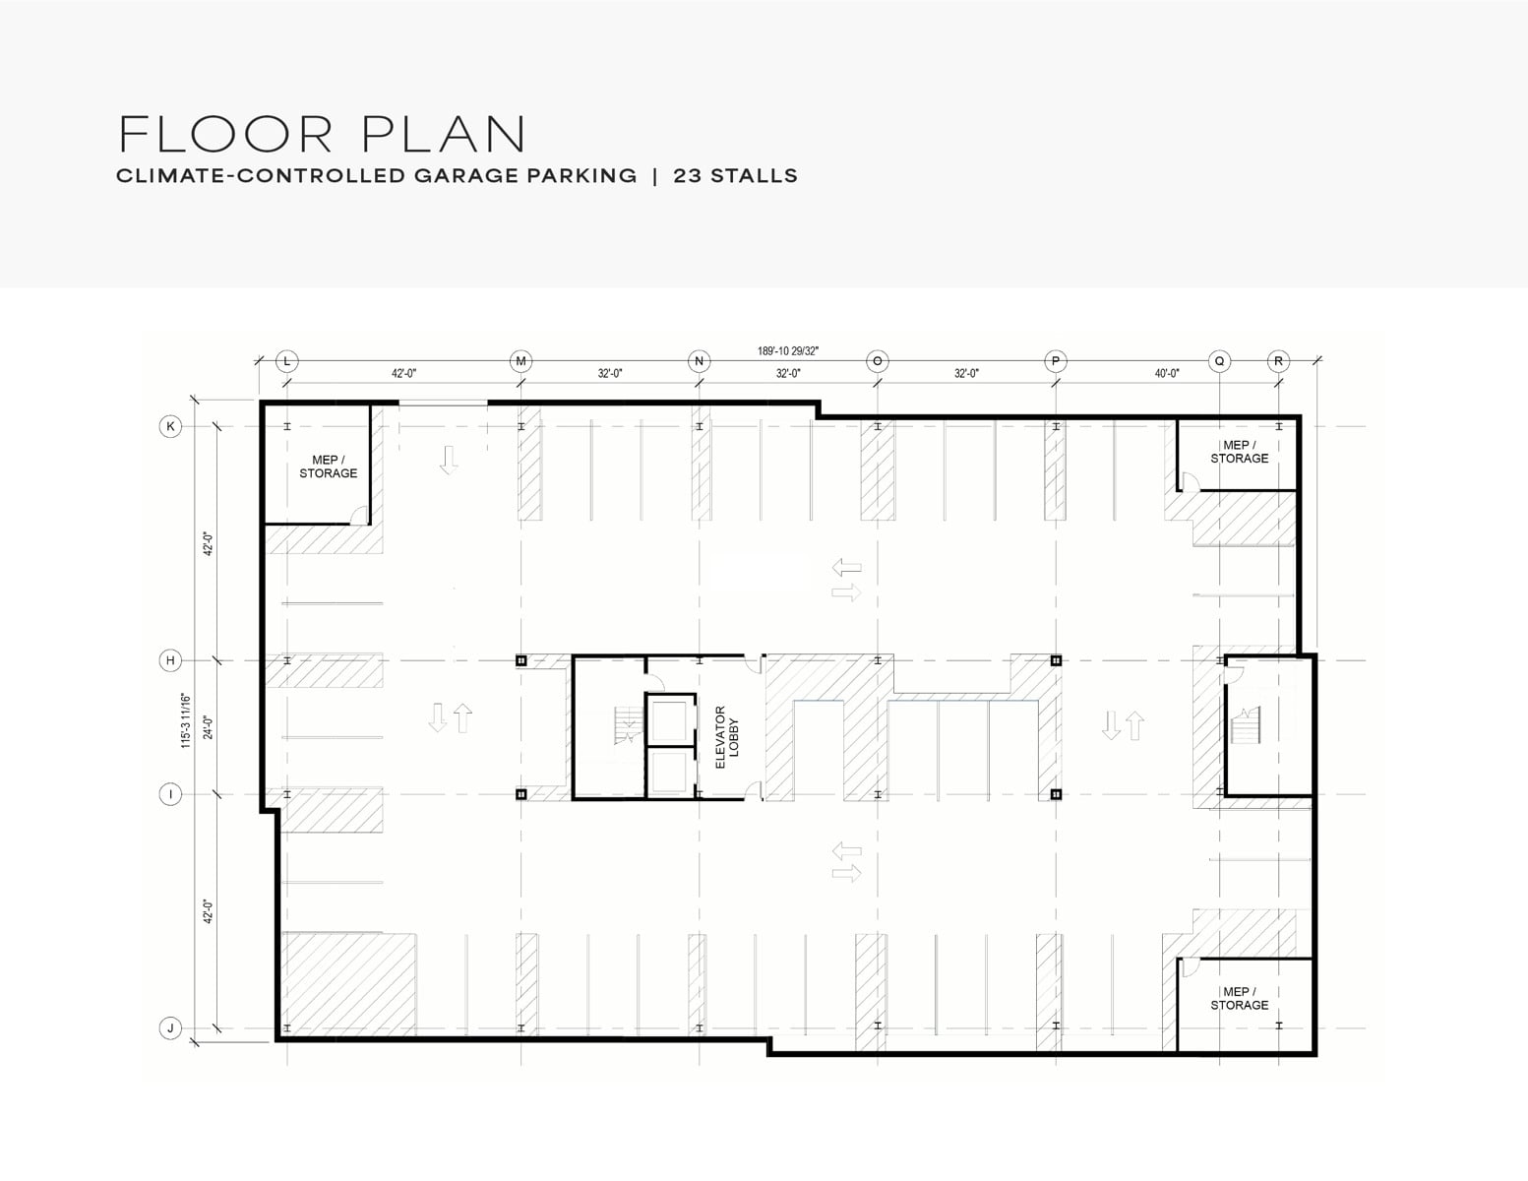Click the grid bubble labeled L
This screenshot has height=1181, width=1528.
click(x=287, y=361)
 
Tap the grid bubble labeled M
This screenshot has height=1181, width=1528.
click(x=521, y=361)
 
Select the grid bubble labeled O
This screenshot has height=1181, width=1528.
click(x=878, y=361)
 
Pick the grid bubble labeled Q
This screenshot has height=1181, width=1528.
click(x=1220, y=361)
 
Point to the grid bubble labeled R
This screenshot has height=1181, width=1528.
click(x=1279, y=361)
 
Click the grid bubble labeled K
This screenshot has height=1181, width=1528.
click(x=170, y=426)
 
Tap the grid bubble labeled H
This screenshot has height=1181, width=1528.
click(x=170, y=660)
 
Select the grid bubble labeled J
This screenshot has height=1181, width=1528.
click(x=170, y=1028)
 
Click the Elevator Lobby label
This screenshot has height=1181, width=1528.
click(x=727, y=737)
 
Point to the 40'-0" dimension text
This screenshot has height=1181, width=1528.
click(x=1167, y=374)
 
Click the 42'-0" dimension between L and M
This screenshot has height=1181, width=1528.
click(x=403, y=374)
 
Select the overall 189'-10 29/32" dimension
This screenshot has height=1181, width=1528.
click(x=787, y=351)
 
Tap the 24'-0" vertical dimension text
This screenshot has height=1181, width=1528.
click(x=209, y=727)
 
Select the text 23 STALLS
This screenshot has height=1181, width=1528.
click(x=736, y=176)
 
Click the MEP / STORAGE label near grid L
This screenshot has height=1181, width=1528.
click(x=329, y=466)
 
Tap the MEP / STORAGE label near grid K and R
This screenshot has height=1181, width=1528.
click(x=1240, y=452)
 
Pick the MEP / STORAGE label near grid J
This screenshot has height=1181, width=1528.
click(x=1240, y=998)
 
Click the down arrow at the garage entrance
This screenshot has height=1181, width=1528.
click(x=449, y=460)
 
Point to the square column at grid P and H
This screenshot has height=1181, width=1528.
click(x=1056, y=660)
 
